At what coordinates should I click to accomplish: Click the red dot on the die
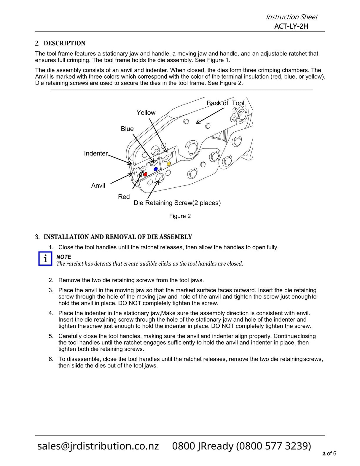[x=145, y=174]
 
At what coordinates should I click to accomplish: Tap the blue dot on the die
[x=156, y=169]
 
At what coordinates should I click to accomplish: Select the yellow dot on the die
[x=169, y=164]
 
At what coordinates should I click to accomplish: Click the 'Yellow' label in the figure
[x=146, y=113]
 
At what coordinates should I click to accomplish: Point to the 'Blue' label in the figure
[x=127, y=129]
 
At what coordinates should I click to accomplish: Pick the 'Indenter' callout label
[x=96, y=153]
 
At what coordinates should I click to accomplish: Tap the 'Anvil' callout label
[x=98, y=186]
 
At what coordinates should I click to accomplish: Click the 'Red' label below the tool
[x=124, y=197]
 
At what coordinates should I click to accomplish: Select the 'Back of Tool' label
[x=225, y=103]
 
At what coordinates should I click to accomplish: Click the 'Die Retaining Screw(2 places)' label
[x=177, y=203]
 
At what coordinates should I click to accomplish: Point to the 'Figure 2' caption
[x=180, y=216]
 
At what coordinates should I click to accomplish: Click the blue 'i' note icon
[x=45, y=259]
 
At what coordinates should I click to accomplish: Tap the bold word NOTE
[x=64, y=257]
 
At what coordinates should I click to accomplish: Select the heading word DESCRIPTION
[x=64, y=43]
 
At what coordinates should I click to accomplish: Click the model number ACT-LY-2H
[x=291, y=26]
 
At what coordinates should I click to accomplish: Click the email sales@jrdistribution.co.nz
[x=98, y=446]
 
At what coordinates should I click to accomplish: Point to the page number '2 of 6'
[x=329, y=454]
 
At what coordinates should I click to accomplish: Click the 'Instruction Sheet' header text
[x=291, y=17]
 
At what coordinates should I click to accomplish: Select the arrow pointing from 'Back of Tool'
[x=209, y=116]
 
